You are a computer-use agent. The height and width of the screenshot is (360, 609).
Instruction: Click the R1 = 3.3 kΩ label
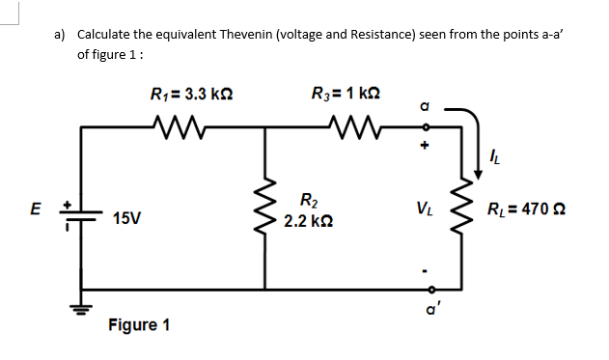[191, 95]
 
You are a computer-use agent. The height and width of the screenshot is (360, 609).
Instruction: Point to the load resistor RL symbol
[473, 207]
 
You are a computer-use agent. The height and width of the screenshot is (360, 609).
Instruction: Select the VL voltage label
[423, 208]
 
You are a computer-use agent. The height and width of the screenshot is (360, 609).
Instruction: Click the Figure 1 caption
[140, 323]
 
